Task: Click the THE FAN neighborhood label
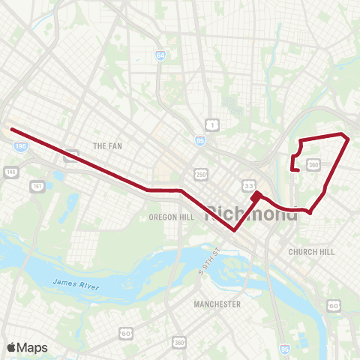tap(106, 145)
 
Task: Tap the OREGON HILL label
tap(171, 217)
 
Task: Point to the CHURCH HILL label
tap(311, 252)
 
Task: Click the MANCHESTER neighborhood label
tap(217, 304)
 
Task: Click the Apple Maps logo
tap(27, 347)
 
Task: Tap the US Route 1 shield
tap(214, 124)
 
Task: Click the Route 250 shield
tap(201, 173)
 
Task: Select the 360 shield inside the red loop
tap(314, 163)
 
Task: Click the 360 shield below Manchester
tap(178, 342)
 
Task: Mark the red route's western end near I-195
tap(11, 130)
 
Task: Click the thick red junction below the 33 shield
tap(256, 196)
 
